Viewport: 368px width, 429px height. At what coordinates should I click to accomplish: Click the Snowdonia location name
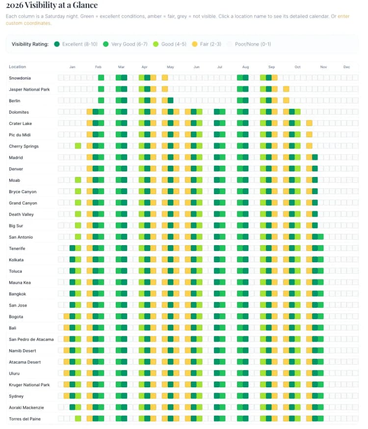[x=20, y=78]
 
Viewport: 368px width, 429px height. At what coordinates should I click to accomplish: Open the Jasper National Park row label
[x=29, y=89]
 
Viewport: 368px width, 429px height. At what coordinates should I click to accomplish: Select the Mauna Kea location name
[x=21, y=282]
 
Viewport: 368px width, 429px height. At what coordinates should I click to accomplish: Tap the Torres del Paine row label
[x=25, y=419]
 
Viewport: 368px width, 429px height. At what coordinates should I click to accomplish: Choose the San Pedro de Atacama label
[x=31, y=339]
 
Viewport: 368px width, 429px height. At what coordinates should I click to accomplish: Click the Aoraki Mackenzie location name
[x=26, y=407]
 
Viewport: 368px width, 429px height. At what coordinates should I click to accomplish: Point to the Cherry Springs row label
[x=24, y=146]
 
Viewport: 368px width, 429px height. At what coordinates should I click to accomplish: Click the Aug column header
[x=245, y=67]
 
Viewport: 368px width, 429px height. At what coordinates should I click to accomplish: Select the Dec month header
[x=346, y=67]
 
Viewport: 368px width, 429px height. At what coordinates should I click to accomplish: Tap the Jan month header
[x=72, y=67]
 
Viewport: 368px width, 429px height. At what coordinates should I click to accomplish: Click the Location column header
[x=17, y=67]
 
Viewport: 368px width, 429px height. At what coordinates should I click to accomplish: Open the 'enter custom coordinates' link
[x=343, y=16]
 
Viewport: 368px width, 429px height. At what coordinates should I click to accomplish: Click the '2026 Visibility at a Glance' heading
[x=52, y=5]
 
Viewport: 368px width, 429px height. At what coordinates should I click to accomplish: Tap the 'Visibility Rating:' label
[x=30, y=44]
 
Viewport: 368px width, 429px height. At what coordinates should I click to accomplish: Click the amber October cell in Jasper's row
[x=286, y=89]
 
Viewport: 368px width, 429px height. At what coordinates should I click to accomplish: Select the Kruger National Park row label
[x=29, y=385]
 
